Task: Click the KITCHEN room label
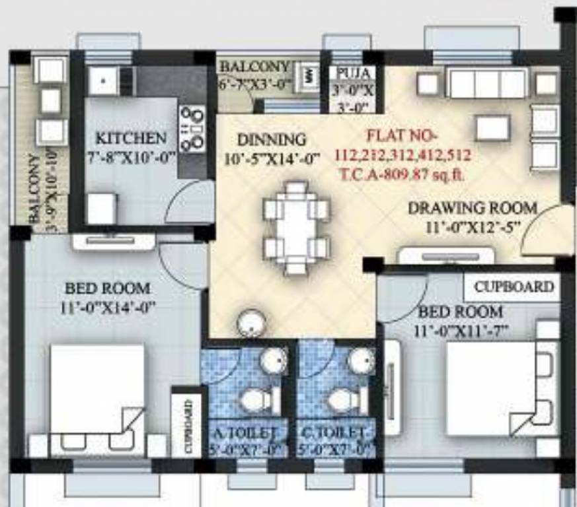132,139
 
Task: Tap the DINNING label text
272,140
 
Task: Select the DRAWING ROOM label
472,208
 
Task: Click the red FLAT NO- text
401,138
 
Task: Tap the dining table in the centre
296,228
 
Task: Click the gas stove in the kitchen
192,128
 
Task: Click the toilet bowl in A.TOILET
252,399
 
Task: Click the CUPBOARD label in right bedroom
514,287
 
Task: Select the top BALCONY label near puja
254,67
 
